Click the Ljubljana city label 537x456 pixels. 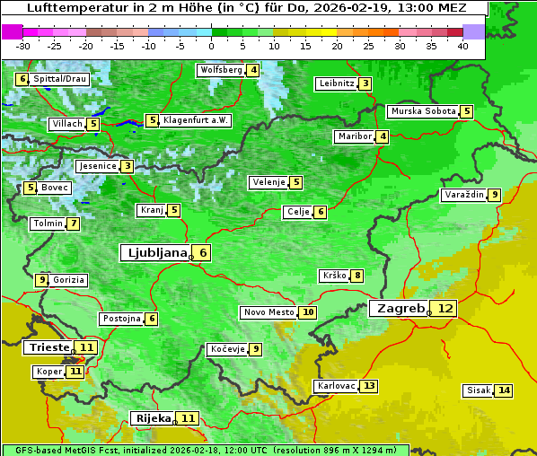[x=154, y=253]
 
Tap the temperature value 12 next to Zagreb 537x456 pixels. [x=445, y=308]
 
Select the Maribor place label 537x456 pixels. [x=354, y=136]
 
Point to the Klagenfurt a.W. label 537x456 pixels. [x=196, y=120]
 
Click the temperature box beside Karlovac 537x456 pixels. [x=369, y=386]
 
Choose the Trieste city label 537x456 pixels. [x=49, y=347]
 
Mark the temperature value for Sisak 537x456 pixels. [x=504, y=390]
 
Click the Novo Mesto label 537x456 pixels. [x=268, y=312]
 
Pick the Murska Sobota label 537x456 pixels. [x=422, y=111]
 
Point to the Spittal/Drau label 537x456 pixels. [x=59, y=79]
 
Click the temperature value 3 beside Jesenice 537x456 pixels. [x=128, y=166]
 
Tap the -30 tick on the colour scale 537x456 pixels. [x=23, y=46]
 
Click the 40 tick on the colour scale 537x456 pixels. [x=462, y=46]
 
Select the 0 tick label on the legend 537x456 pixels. [x=211, y=46]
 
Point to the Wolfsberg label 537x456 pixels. [x=221, y=70]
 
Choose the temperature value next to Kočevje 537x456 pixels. [x=256, y=349]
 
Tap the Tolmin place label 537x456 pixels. [x=48, y=224]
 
